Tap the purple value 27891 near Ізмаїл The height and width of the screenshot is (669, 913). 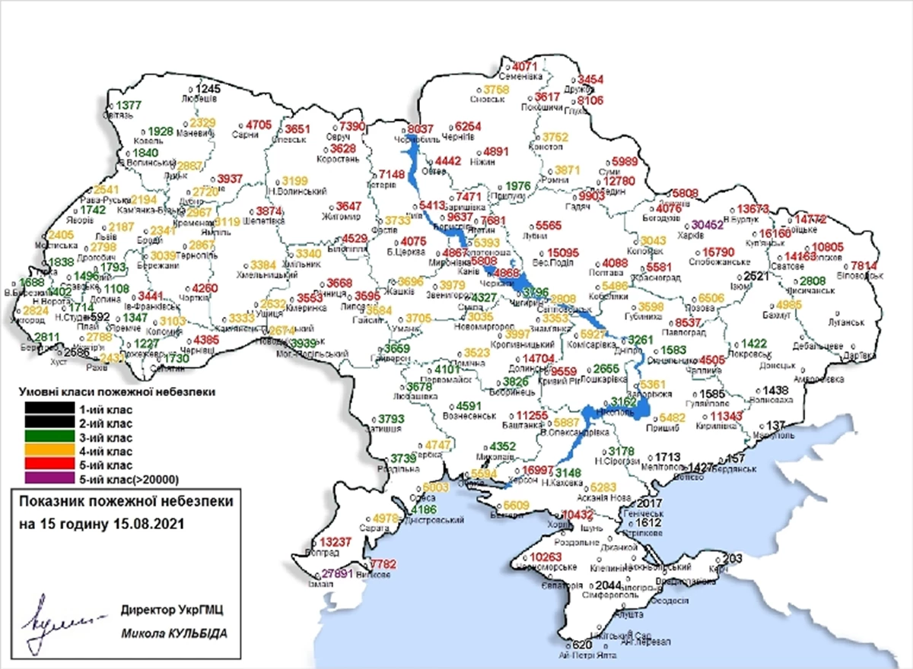[336, 574]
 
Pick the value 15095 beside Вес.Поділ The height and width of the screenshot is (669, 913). [564, 252]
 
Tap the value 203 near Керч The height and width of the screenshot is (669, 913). [732, 559]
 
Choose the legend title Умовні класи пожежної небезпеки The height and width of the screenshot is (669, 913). [115, 393]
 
